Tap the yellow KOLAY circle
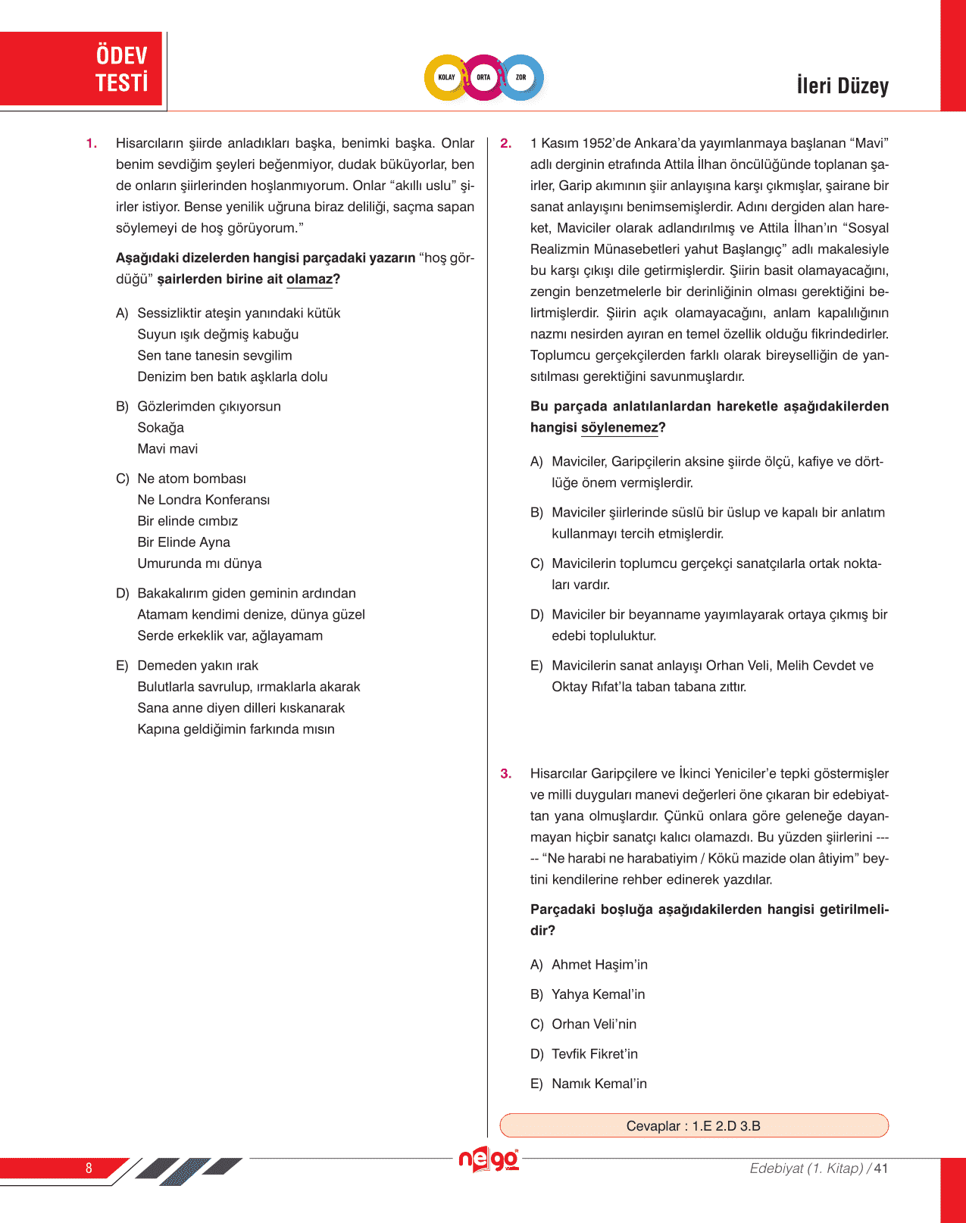click(x=446, y=77)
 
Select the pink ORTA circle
click(x=483, y=77)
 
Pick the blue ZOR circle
click(x=521, y=77)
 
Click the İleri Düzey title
click(x=842, y=86)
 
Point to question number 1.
click(x=91, y=144)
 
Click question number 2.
click(x=505, y=144)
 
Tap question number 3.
click(x=505, y=774)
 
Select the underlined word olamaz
click(x=309, y=279)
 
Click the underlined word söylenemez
click(x=619, y=428)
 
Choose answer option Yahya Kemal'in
click(x=598, y=994)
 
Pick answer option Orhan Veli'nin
click(x=593, y=1024)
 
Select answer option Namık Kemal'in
click(x=599, y=1084)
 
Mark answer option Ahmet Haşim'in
click(x=599, y=965)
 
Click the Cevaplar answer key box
click(x=693, y=1125)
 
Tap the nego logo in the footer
click(x=488, y=1159)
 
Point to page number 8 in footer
click(x=89, y=1168)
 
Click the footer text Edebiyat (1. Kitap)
click(x=806, y=1168)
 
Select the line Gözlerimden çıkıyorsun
click(x=208, y=407)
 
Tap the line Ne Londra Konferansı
click(x=203, y=500)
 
